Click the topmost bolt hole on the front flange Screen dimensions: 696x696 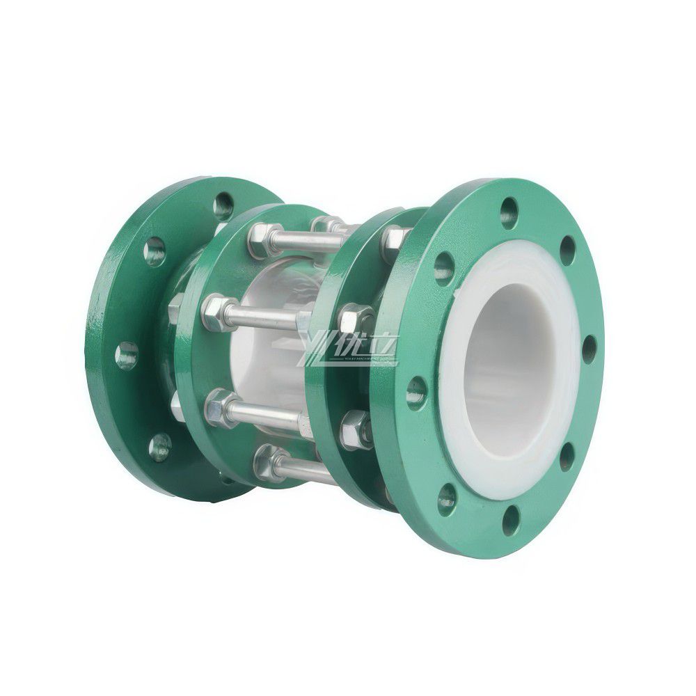pyautogui.click(x=510, y=208)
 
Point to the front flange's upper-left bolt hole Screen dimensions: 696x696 pyautogui.click(x=442, y=265)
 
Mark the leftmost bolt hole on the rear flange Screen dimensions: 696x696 pyautogui.click(x=127, y=355)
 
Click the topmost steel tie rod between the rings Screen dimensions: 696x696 pyautogui.click(x=292, y=240)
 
